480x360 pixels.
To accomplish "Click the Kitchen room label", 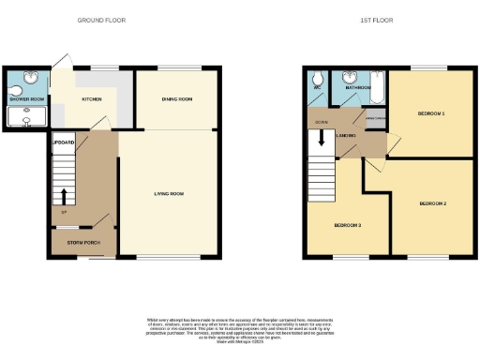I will [92, 97].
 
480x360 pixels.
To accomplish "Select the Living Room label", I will [169, 194].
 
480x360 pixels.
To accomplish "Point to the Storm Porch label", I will [83, 242].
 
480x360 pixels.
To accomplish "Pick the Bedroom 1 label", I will [431, 113].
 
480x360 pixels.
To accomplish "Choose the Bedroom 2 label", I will [432, 203].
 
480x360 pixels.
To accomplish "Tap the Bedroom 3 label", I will [347, 226].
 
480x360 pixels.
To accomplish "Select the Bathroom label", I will [359, 87].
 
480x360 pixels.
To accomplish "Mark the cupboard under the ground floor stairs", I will [65, 142].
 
